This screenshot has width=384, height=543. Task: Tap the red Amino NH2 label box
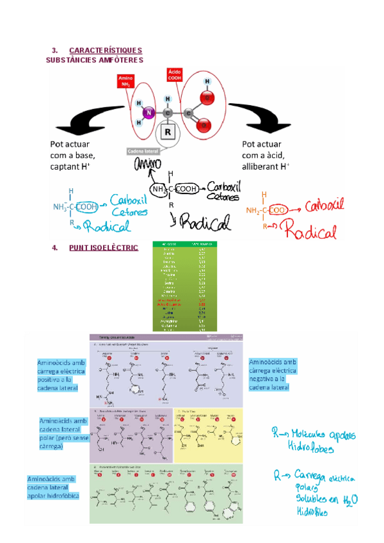tap(125, 82)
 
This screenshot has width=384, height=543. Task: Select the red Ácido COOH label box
tap(175, 74)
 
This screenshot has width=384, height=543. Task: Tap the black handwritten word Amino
tap(146, 166)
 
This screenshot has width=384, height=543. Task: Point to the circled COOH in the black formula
tap(187, 189)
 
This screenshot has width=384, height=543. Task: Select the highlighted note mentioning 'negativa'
tap(272, 375)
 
